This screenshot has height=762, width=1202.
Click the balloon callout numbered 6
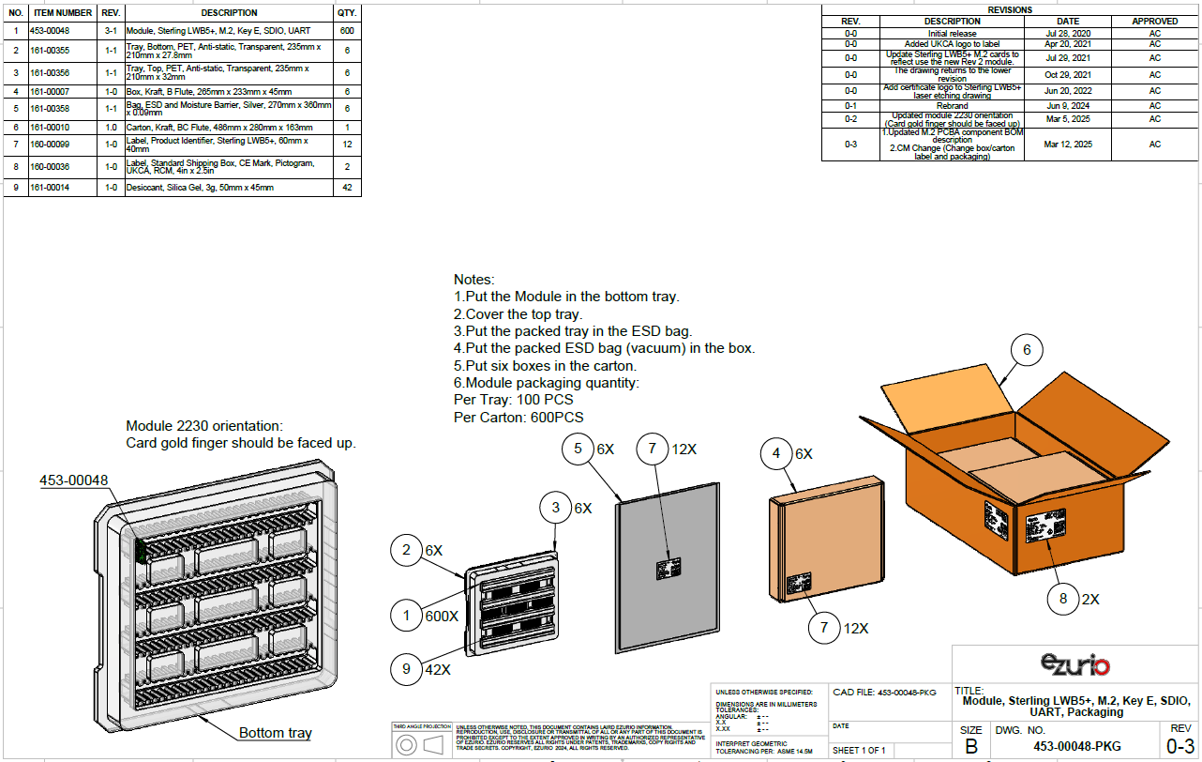pyautogui.click(x=1027, y=350)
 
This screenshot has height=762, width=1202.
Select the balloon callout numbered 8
pyautogui.click(x=1063, y=598)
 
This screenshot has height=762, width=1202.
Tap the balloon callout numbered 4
pyautogui.click(x=775, y=453)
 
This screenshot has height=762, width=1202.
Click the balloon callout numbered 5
pyautogui.click(x=578, y=449)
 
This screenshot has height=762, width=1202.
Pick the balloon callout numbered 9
pyautogui.click(x=406, y=669)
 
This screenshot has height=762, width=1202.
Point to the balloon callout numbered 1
pyautogui.click(x=406, y=616)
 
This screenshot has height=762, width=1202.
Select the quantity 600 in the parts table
pyautogui.click(x=347, y=31)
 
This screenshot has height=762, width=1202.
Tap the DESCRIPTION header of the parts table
pyautogui.click(x=229, y=13)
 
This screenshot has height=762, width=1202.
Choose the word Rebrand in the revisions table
pyautogui.click(x=952, y=106)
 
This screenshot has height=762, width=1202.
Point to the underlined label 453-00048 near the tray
pyautogui.click(x=73, y=480)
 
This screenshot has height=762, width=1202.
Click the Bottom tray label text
pyautogui.click(x=275, y=733)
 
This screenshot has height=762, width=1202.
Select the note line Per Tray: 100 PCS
pyautogui.click(x=513, y=400)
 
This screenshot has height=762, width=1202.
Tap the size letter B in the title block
pyautogui.click(x=970, y=747)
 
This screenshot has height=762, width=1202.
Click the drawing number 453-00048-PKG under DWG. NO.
pyautogui.click(x=1076, y=747)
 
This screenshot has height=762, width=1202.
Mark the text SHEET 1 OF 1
pyautogui.click(x=859, y=750)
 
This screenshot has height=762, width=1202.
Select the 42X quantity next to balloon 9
pyautogui.click(x=438, y=670)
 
